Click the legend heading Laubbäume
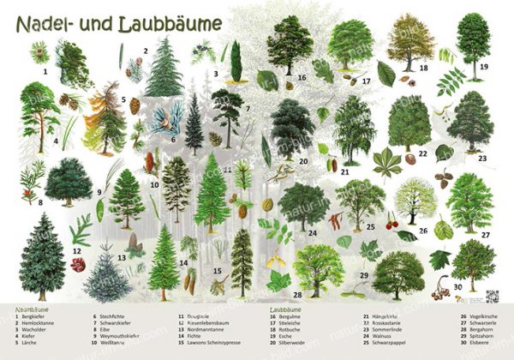(288, 307)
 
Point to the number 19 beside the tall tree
(484, 65)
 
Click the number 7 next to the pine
(247, 109)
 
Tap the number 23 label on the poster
(482, 159)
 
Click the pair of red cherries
(391, 225)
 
